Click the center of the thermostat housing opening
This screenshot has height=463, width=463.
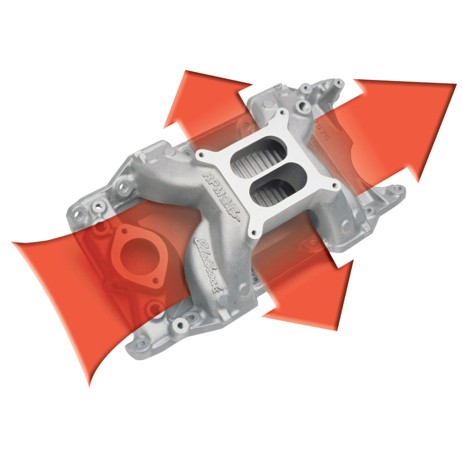[x=137, y=255]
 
